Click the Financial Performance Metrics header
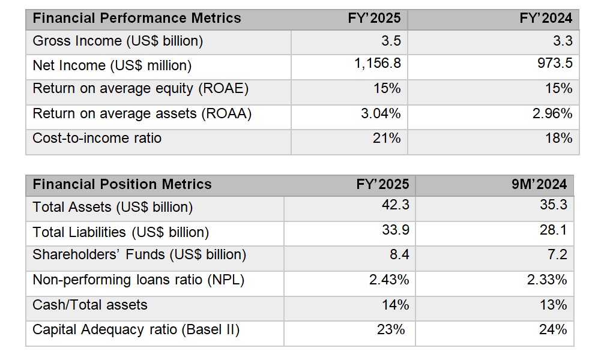(136, 18)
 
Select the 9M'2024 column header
(543, 184)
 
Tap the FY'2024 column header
(546, 18)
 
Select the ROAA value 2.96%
(552, 113)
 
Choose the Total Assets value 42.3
(396, 205)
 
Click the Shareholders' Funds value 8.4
(399, 254)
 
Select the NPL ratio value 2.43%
(389, 280)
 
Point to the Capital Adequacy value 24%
(553, 329)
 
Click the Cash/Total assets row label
(89, 305)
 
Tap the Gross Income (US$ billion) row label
(118, 41)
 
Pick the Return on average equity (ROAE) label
(140, 89)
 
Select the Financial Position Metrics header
(122, 184)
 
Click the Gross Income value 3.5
(391, 41)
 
